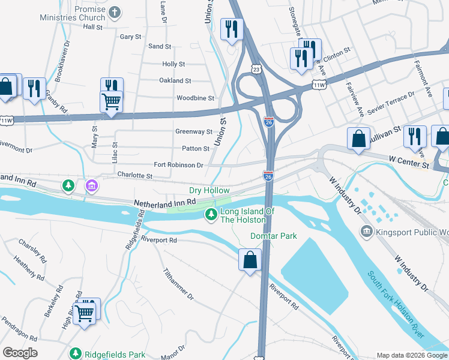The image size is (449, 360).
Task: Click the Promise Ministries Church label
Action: point(81,14)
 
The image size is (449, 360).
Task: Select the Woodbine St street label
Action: point(195,98)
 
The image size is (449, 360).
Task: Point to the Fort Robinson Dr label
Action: point(178,165)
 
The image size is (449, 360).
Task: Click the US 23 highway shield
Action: point(256,70)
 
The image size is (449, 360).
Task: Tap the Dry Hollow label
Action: point(209,190)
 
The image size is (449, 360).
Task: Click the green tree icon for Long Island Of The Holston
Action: point(211,214)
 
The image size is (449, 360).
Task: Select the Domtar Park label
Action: point(274,236)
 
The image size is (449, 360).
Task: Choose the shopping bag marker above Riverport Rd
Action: point(250,260)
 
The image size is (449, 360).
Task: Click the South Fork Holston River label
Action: point(397,305)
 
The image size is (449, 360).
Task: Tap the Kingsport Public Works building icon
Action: point(366,231)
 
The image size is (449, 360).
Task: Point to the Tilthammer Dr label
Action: point(178,284)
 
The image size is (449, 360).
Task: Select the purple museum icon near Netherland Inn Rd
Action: point(91,186)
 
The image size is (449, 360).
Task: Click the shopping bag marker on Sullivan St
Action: point(358,138)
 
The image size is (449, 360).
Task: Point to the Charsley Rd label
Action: point(32,252)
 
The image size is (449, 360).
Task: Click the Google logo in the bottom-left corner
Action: point(20,353)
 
